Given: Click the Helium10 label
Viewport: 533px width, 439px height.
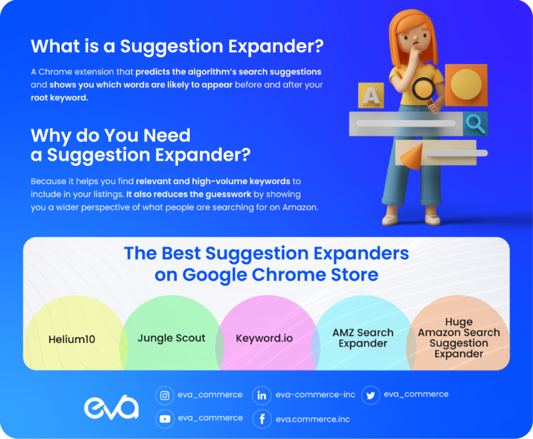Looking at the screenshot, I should click(x=72, y=339).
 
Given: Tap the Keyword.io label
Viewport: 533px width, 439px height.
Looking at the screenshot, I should click(x=264, y=338).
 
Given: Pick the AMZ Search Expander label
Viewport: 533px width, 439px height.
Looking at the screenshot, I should click(x=362, y=338).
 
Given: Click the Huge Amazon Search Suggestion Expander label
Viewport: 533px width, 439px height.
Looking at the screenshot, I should click(x=459, y=338).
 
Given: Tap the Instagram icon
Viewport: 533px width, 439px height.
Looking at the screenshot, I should click(x=165, y=395).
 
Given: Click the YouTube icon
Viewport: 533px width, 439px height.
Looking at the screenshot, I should click(x=165, y=418).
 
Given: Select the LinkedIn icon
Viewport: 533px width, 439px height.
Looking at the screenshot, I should click(x=262, y=395).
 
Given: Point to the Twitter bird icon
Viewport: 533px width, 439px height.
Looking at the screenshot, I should click(x=370, y=395).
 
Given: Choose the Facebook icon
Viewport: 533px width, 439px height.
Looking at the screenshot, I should click(x=262, y=418).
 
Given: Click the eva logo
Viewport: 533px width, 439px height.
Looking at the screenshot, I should click(x=111, y=407).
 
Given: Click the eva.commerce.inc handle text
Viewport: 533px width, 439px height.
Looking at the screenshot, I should click(x=312, y=419).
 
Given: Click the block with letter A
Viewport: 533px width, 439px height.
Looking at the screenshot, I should click(x=370, y=95).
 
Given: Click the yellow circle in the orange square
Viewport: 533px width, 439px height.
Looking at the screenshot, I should click(x=465, y=85).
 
